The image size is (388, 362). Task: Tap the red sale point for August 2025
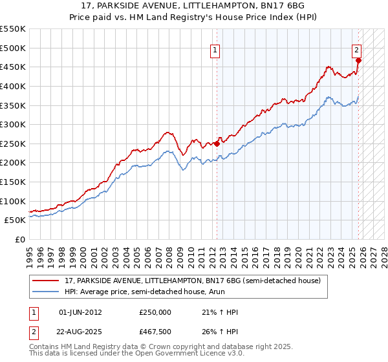tap(358, 61)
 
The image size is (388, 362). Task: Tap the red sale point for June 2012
tap(217, 144)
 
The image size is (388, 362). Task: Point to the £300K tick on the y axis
tap(13, 124)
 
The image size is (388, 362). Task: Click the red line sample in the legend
tap(46, 281)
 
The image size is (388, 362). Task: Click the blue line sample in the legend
tap(46, 292)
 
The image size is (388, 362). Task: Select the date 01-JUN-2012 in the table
tap(80, 312)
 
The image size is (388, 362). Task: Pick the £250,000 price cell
tap(155, 312)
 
